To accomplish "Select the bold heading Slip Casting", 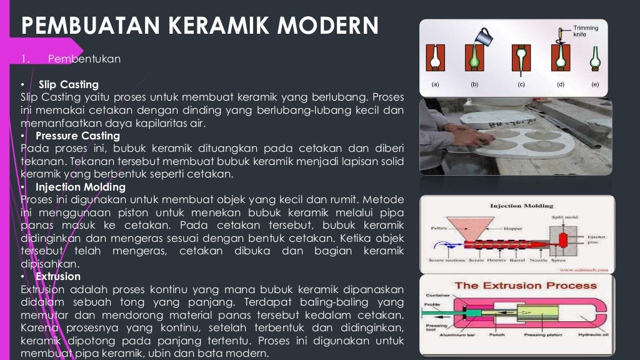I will (x=68, y=84).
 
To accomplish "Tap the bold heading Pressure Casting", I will (x=77, y=136).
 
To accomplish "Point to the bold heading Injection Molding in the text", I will (x=81, y=187).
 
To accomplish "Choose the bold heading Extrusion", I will (x=58, y=276).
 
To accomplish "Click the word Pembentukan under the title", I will (x=84, y=59).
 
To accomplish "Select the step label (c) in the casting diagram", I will (x=520, y=84).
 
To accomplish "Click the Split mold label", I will (x=560, y=216).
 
